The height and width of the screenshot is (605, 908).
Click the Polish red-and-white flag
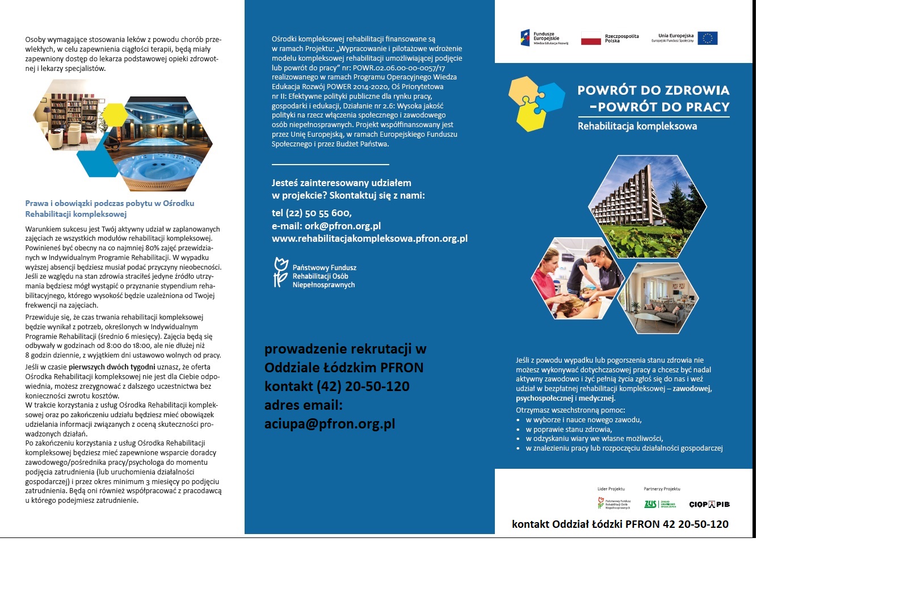591,39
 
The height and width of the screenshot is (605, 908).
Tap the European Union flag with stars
708,38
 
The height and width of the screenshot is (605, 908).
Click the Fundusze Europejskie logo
544,38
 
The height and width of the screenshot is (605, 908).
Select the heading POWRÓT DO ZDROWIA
653,90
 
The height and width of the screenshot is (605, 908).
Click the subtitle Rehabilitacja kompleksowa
637,126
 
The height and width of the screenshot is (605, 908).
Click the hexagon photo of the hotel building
648,207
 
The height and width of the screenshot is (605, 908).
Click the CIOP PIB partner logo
709,504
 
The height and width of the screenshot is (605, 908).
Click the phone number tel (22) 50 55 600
312,213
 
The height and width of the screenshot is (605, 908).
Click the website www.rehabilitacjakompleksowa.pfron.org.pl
369,238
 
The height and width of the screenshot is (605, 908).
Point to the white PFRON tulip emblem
280,272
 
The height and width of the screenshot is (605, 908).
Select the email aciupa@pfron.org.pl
330,424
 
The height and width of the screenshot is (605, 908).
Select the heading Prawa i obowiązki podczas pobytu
110,203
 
